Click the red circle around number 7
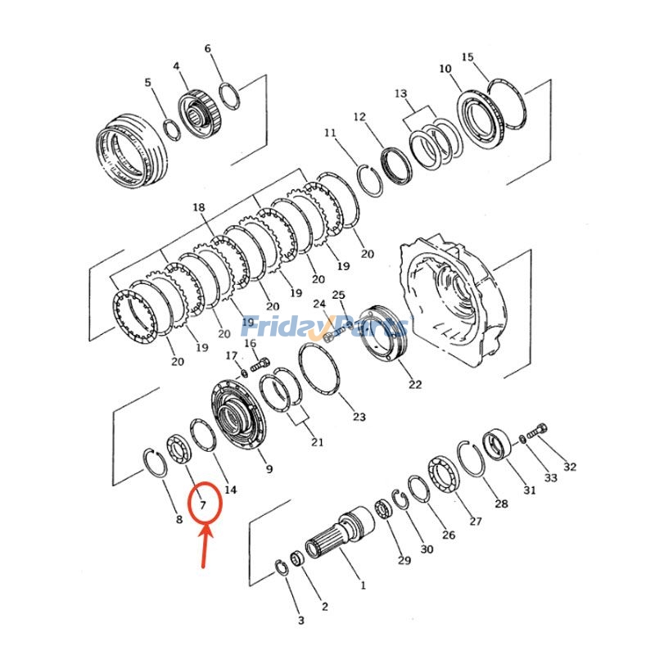click(205, 503)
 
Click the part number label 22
click(415, 384)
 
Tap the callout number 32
click(570, 467)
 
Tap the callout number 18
click(198, 209)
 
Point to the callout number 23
click(359, 417)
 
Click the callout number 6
click(208, 48)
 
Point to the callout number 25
click(338, 295)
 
